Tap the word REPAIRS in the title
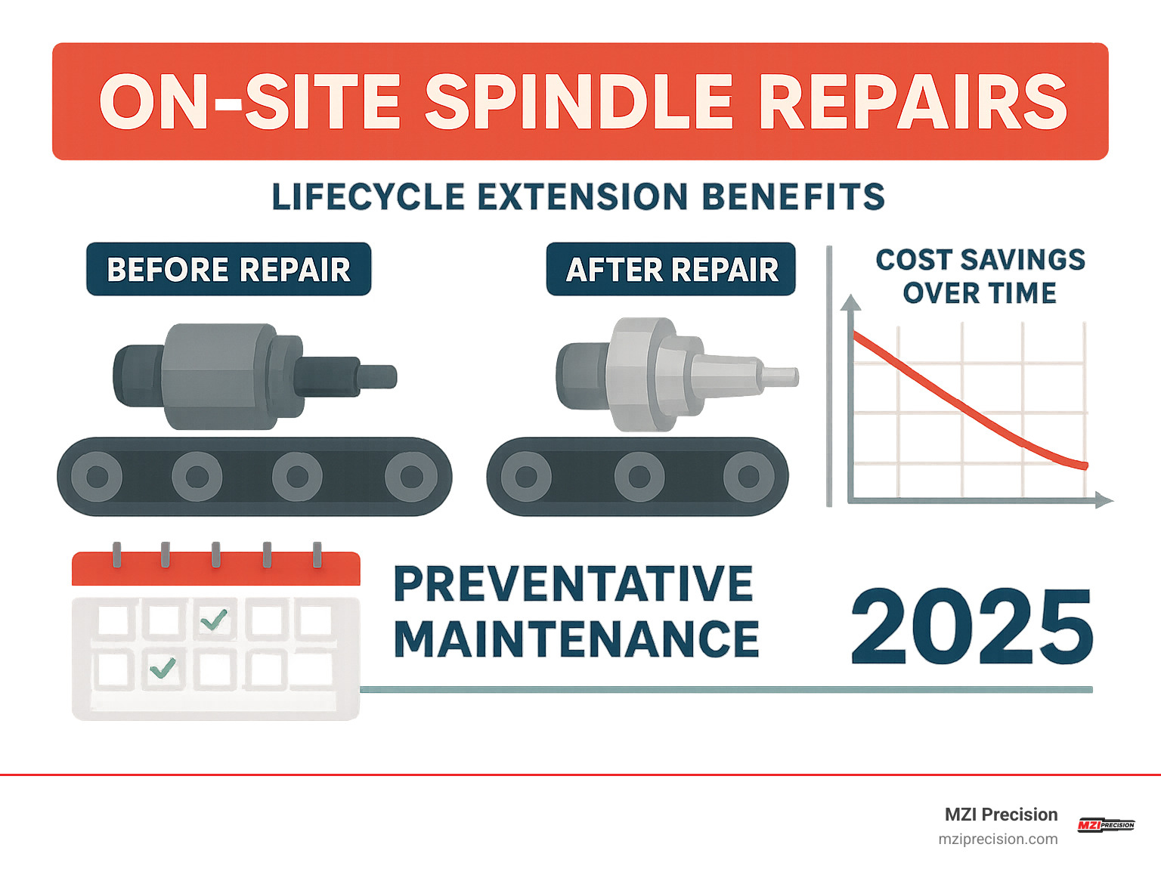coord(912,102)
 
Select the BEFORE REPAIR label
coord(228,270)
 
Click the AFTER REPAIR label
coord(671,270)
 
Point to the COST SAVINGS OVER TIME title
coord(980,276)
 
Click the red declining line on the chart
coord(967,409)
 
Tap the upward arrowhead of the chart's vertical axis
coord(851,302)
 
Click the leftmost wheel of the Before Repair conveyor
coord(97,477)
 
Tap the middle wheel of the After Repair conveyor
coord(639,477)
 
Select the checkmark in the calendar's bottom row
coord(163,668)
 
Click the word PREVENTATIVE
coord(573,584)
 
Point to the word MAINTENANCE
coord(576,639)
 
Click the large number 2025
coord(972,627)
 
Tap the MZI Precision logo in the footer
coord(1106,824)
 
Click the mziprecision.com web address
coord(998,839)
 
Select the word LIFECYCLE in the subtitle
coord(368,197)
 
